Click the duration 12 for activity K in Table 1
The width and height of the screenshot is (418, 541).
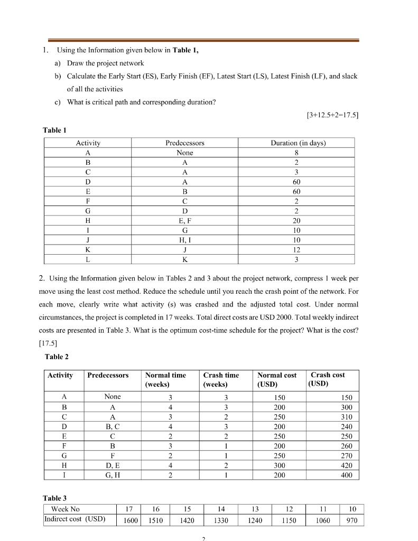click(296, 249)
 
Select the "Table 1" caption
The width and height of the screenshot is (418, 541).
click(54, 130)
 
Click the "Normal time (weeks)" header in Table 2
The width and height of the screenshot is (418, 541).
click(165, 379)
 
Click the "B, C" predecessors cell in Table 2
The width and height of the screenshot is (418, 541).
click(113, 426)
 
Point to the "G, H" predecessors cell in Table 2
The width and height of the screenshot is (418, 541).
click(113, 475)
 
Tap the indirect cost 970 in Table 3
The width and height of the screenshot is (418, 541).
click(352, 519)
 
